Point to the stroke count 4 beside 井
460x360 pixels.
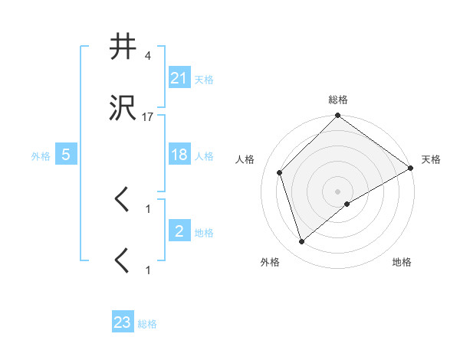(x=147, y=56)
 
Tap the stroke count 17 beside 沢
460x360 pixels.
(x=147, y=117)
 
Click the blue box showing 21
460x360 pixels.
(x=179, y=77)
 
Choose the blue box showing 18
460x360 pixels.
(x=179, y=154)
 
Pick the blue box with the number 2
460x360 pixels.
(x=179, y=231)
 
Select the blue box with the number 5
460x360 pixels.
(x=66, y=154)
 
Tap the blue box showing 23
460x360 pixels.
(x=123, y=322)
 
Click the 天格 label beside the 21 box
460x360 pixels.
(x=203, y=79)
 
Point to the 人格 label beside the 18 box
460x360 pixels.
(x=203, y=155)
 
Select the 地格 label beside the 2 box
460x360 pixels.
(x=203, y=232)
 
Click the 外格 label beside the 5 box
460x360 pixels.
(x=41, y=155)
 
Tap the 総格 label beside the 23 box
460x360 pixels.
(x=147, y=324)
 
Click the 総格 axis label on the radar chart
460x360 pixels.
(x=338, y=100)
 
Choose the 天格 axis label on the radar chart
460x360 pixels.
(x=431, y=159)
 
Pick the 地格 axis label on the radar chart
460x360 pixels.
(x=402, y=262)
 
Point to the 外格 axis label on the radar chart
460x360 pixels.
(x=270, y=262)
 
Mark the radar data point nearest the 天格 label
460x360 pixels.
(x=411, y=169)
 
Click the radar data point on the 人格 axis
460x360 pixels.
(x=280, y=172)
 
